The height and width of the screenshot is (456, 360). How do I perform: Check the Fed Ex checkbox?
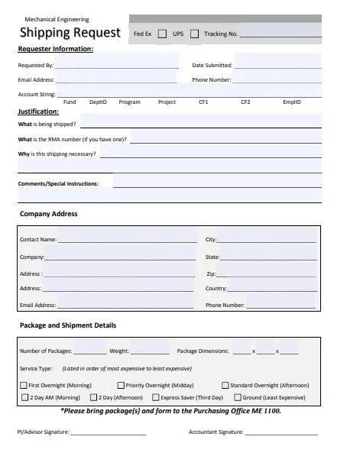(x=161, y=34)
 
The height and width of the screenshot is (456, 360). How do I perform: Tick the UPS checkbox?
(x=194, y=34)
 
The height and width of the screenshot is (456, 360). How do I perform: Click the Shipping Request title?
(x=70, y=32)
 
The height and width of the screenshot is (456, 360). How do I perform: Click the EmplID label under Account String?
(x=292, y=102)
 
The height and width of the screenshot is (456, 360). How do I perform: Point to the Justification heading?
(x=38, y=112)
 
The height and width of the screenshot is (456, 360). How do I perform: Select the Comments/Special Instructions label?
(x=58, y=183)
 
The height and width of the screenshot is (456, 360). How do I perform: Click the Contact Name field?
(x=125, y=239)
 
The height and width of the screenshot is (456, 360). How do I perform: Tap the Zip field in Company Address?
(x=267, y=273)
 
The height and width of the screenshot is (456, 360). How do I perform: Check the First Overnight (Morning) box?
(x=23, y=385)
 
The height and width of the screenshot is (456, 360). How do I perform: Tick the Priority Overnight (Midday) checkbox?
(x=121, y=385)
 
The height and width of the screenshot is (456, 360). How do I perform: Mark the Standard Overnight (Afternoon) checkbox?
(x=225, y=385)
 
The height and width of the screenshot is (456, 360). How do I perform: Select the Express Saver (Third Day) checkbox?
(x=156, y=397)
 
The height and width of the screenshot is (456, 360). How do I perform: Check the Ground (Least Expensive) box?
(x=238, y=397)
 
